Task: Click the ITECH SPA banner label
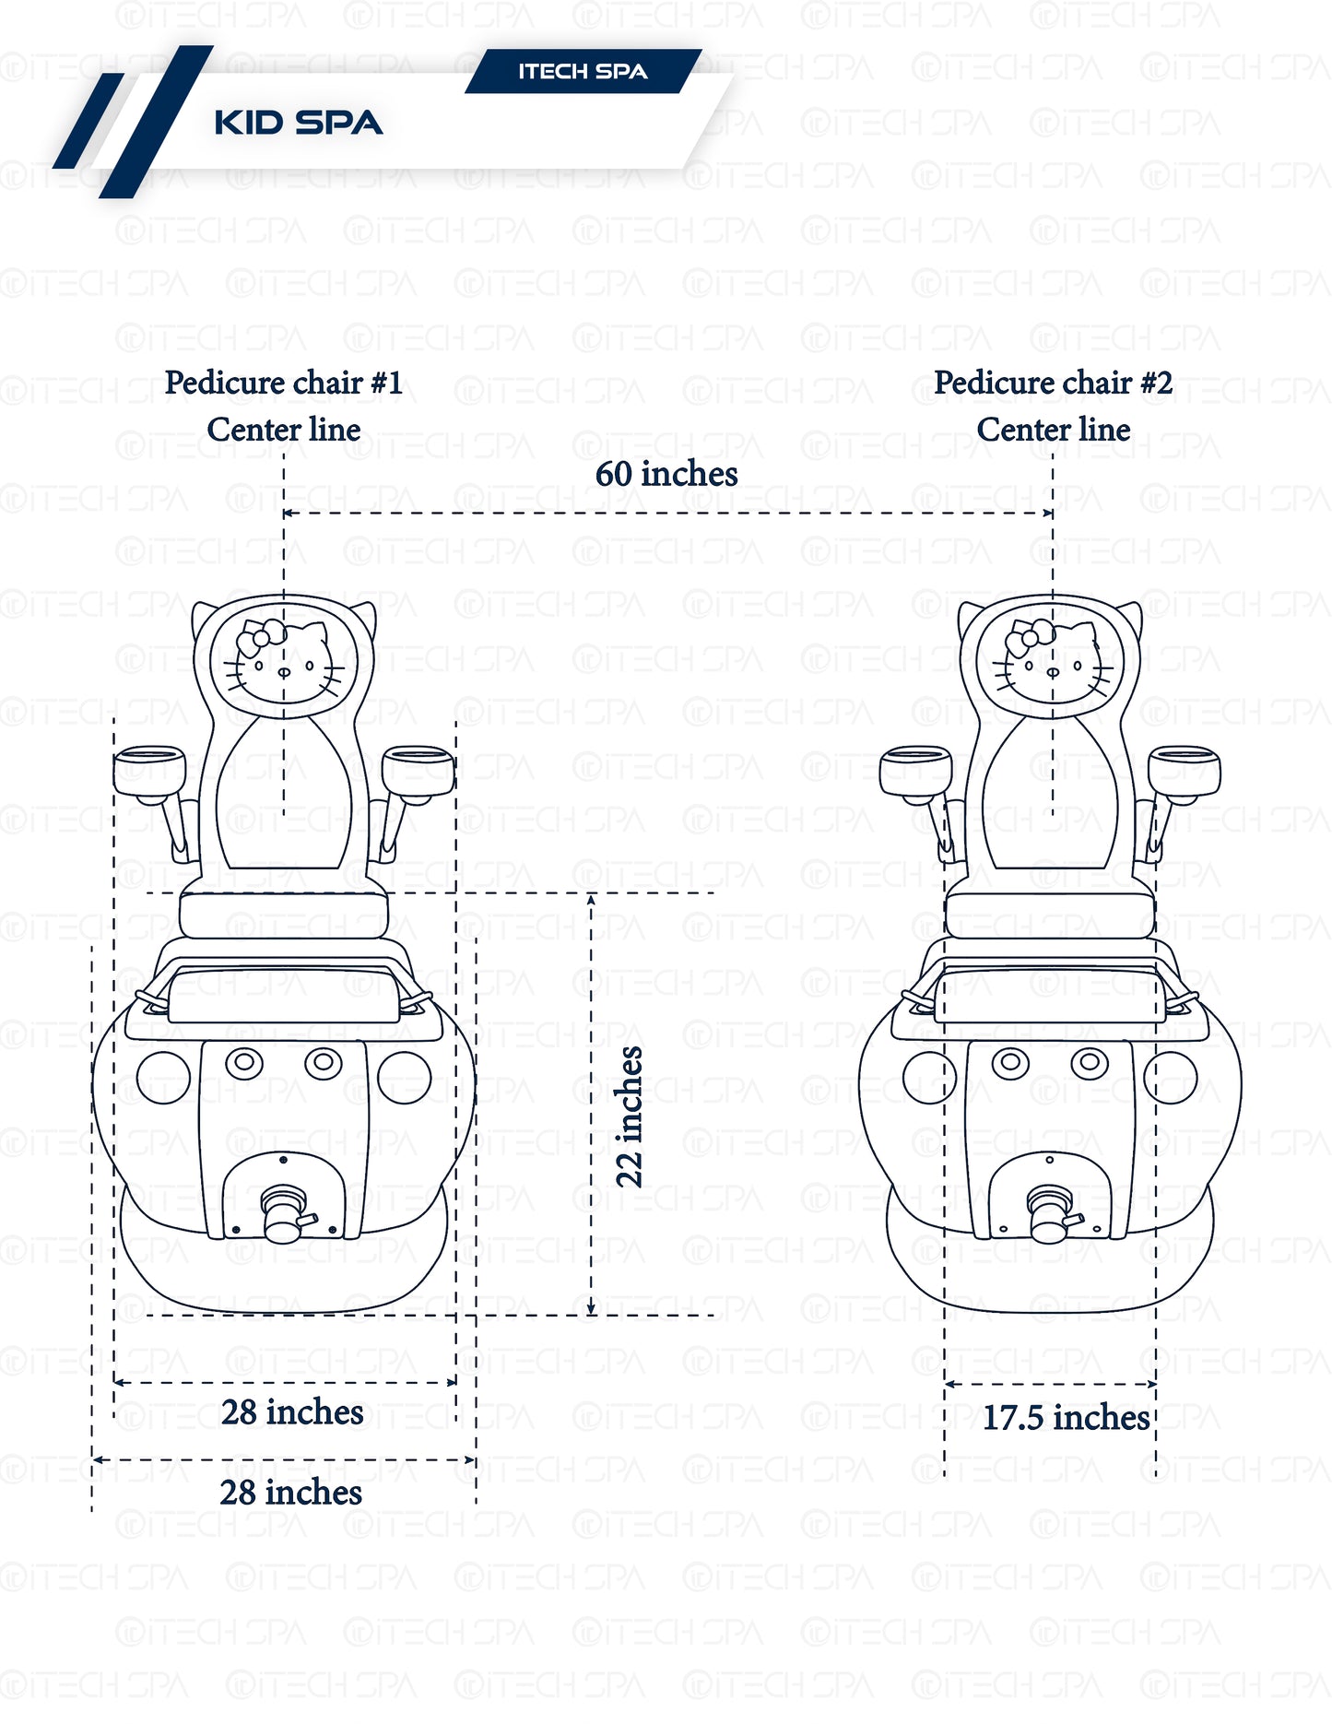(x=583, y=72)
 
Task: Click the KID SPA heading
(x=298, y=123)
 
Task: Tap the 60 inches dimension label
(x=666, y=474)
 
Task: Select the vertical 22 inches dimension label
(x=629, y=1116)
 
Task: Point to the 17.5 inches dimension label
(x=1066, y=1418)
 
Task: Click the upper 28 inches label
(x=292, y=1412)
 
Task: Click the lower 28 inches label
(x=290, y=1493)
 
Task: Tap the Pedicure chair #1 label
(x=283, y=383)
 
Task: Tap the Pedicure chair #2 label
(x=1053, y=383)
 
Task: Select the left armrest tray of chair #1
(x=149, y=770)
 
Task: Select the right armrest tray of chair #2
(x=1185, y=770)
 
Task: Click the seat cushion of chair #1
(x=284, y=915)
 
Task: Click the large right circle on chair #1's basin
(x=405, y=1077)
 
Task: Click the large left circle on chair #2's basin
(x=929, y=1077)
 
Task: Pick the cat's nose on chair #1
(x=284, y=672)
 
